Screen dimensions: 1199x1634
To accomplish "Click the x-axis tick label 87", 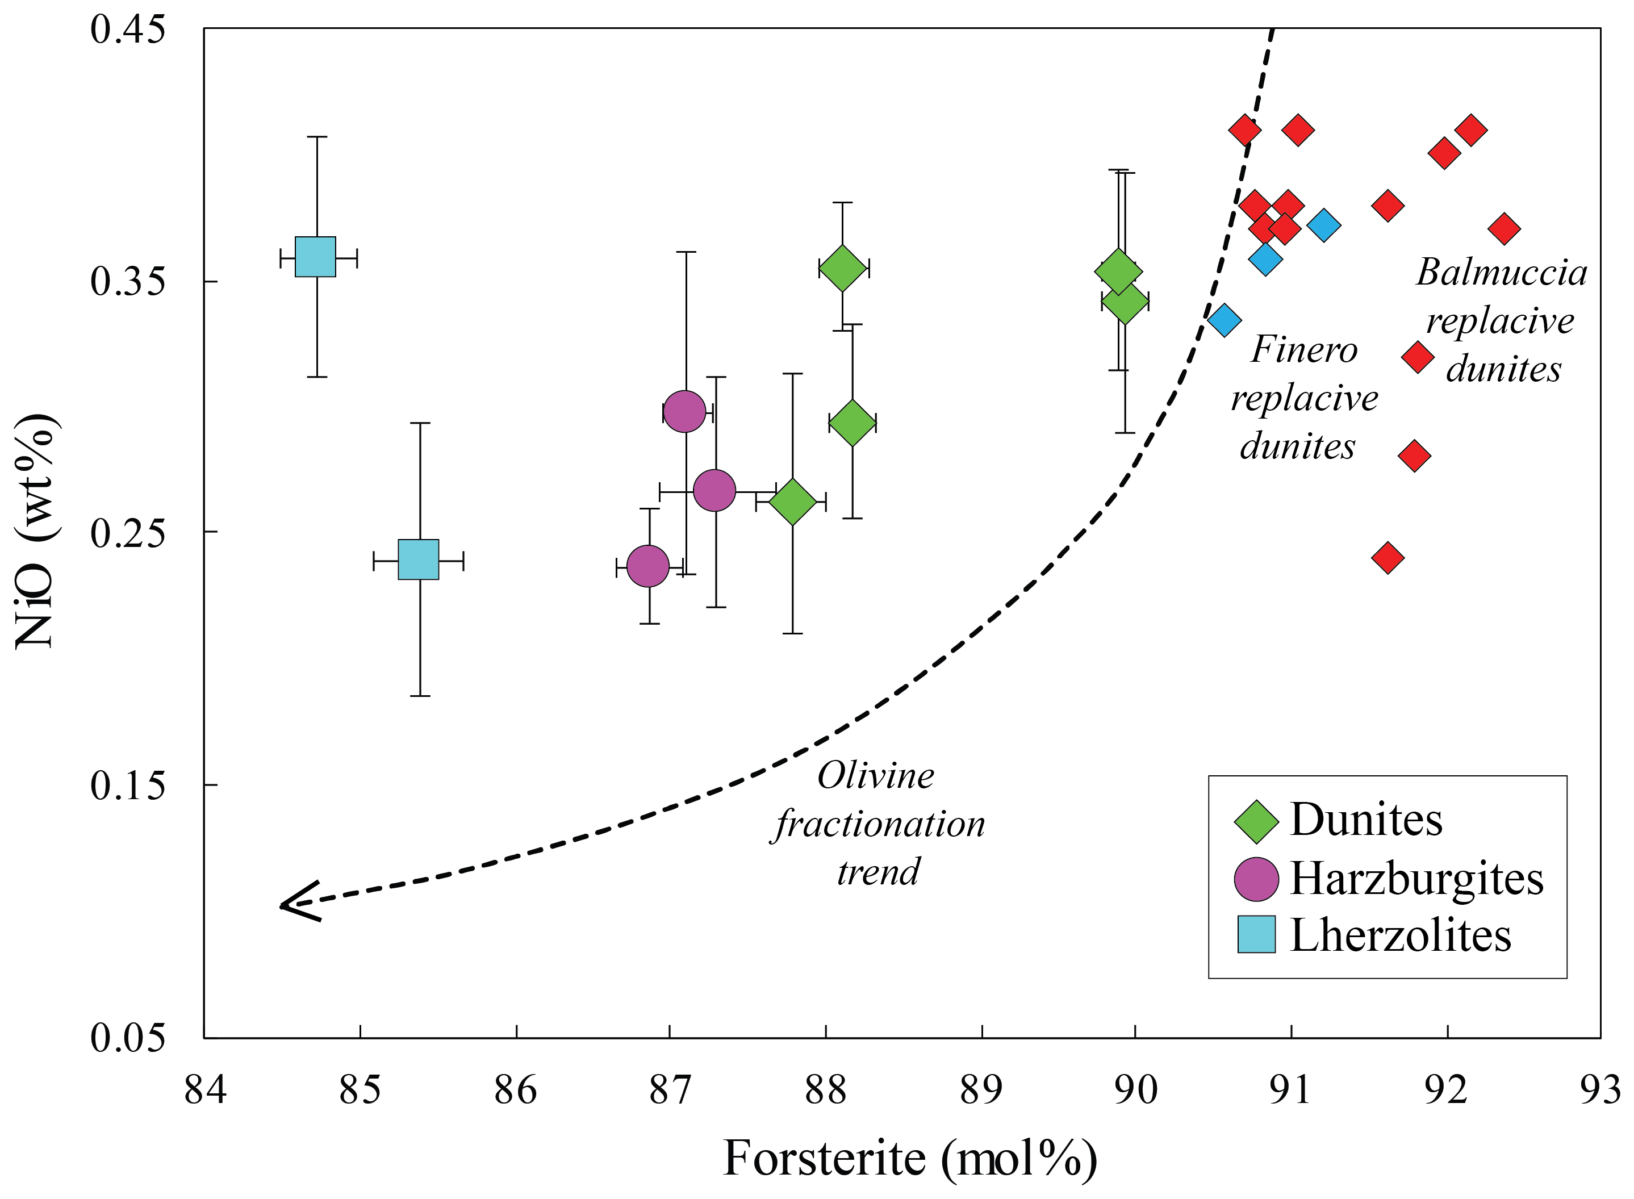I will click(669, 1090).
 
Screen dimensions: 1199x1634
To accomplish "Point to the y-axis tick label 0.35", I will click(128, 282).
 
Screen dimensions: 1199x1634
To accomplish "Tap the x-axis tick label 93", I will click(1599, 1090).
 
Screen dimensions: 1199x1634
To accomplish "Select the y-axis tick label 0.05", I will click(128, 1037).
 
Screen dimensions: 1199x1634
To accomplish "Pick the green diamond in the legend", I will click(1256, 822).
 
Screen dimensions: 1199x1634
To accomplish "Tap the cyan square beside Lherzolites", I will click(1256, 934).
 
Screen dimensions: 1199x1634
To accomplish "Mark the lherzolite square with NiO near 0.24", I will click(419, 559).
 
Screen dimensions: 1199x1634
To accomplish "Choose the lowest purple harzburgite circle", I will click(647, 565).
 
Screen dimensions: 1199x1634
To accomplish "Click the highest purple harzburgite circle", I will click(684, 411).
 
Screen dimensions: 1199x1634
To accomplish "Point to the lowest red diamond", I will click(1388, 557).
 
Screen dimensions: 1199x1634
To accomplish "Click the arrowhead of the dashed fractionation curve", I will click(287, 904).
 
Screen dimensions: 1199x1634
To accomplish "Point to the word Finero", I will click(1304, 350).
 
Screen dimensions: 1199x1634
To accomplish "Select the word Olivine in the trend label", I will click(876, 776).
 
